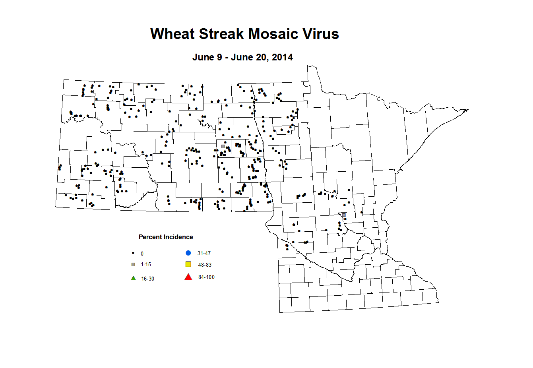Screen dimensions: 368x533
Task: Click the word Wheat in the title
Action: (x=172, y=34)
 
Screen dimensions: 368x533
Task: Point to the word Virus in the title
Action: (x=321, y=34)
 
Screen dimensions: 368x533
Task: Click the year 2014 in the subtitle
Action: (x=282, y=57)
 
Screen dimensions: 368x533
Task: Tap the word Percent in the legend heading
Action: (x=151, y=237)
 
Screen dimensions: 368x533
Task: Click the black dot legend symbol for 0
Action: (x=133, y=253)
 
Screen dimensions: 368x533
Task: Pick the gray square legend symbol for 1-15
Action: (x=133, y=264)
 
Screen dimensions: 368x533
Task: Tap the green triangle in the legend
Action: (x=134, y=278)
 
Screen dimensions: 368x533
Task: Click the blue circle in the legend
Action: (x=188, y=253)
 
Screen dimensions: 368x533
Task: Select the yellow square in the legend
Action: (x=188, y=264)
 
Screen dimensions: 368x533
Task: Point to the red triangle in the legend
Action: (x=188, y=277)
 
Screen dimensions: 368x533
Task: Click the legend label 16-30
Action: (x=147, y=279)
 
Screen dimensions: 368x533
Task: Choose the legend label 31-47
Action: (x=204, y=254)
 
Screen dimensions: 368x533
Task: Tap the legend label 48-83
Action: (x=205, y=265)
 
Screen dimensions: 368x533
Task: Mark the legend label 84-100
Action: (x=206, y=277)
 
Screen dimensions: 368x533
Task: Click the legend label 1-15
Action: (x=146, y=265)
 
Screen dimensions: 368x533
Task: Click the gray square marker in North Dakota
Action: (x=223, y=146)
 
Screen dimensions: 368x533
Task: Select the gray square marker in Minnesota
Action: (x=344, y=215)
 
